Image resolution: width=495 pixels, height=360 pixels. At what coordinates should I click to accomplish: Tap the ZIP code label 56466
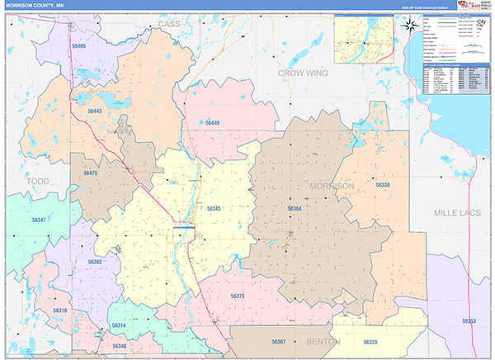79,47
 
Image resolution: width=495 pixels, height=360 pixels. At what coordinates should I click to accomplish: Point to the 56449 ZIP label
213,123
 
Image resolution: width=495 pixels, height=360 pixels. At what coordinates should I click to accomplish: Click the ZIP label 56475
90,173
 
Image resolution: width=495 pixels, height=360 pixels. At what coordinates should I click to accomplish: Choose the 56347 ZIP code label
39,220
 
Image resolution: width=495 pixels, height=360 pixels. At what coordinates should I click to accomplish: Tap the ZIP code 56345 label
214,209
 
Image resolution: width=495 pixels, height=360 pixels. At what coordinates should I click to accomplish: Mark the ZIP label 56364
295,209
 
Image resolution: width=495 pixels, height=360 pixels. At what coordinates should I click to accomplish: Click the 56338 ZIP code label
383,185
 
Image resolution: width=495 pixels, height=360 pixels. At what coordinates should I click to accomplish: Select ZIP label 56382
95,262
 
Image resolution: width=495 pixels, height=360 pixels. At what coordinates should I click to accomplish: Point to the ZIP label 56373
238,296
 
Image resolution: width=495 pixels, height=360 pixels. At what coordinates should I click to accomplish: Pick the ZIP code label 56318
59,310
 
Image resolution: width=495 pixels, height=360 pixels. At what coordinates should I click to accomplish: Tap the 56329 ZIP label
370,342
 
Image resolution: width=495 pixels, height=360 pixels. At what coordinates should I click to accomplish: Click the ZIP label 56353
469,320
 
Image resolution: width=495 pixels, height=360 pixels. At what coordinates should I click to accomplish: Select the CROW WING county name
303,73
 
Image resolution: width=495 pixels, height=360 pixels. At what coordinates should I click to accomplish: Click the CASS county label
168,24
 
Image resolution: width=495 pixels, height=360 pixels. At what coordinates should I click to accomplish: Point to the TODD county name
37,181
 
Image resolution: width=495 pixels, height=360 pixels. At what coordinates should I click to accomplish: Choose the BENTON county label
318,340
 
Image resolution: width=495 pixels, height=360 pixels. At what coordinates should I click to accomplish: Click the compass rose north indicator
410,25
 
